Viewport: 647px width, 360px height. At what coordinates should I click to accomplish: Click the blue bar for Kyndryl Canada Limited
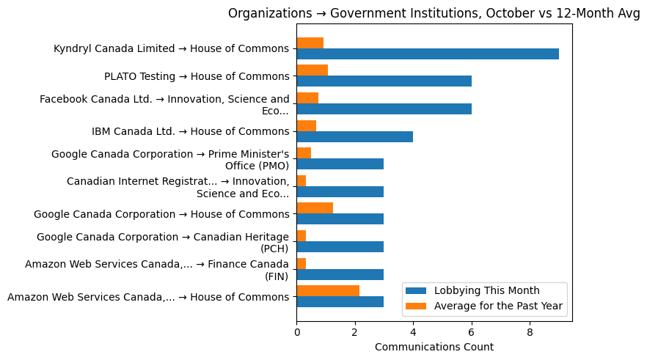click(x=428, y=54)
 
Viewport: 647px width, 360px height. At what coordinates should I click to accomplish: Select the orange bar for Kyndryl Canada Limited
click(x=310, y=43)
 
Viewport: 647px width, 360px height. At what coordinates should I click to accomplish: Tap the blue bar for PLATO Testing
click(x=384, y=81)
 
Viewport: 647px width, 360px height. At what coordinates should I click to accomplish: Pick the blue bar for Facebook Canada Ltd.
click(x=384, y=109)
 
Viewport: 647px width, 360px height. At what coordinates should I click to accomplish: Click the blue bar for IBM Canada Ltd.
click(x=354, y=136)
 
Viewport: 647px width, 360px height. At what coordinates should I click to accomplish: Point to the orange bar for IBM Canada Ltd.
click(x=306, y=125)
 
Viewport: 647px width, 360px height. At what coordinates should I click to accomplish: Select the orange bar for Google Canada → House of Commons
click(x=315, y=207)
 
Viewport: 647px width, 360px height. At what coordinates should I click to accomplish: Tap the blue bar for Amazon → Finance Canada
click(x=340, y=274)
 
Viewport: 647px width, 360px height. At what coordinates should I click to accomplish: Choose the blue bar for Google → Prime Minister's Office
click(x=340, y=164)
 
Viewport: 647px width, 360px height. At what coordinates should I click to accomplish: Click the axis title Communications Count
click(x=434, y=347)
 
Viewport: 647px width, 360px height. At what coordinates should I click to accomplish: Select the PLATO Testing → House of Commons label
click(x=197, y=76)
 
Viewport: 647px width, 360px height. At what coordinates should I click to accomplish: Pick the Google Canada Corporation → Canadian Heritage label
click(x=163, y=242)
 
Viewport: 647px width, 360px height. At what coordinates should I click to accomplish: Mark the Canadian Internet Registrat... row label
click(x=178, y=187)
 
